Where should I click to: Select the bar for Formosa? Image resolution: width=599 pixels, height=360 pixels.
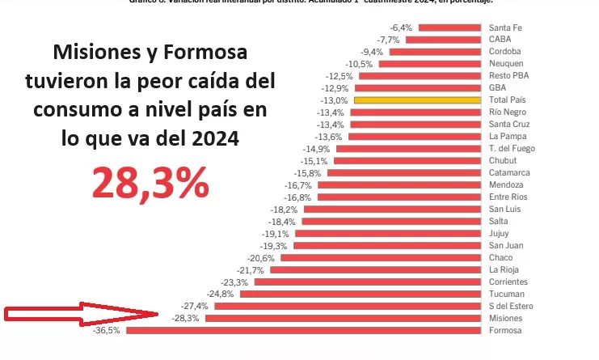click(304, 330)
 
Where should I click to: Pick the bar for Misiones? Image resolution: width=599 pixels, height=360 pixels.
click(344, 318)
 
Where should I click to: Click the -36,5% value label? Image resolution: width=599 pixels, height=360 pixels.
click(107, 330)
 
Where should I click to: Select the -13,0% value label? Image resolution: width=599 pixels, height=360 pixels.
click(335, 100)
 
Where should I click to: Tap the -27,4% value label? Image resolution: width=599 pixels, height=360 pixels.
click(195, 306)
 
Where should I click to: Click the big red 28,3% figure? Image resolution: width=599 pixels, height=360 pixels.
click(151, 184)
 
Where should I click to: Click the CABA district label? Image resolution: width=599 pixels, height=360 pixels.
click(499, 40)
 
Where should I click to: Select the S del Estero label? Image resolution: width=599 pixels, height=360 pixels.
click(511, 306)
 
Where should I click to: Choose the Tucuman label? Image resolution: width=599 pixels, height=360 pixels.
click(505, 294)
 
